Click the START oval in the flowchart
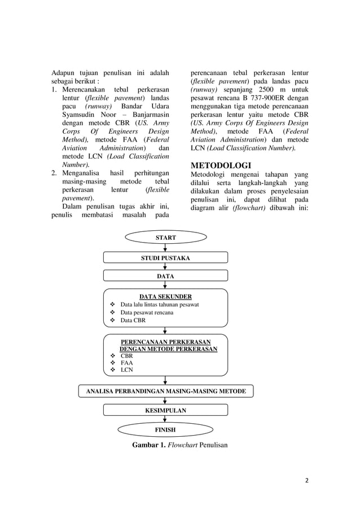(165, 238)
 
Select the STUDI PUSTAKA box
(165, 258)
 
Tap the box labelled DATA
(165, 276)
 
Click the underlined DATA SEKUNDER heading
(165, 296)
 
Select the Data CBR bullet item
(133, 320)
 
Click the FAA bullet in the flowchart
(127, 363)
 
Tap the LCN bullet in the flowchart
(127, 370)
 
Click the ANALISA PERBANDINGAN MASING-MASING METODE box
(165, 391)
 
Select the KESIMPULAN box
(165, 410)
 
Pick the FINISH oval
(165, 429)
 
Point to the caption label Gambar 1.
(151, 445)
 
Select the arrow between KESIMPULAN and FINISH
(165, 419)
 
